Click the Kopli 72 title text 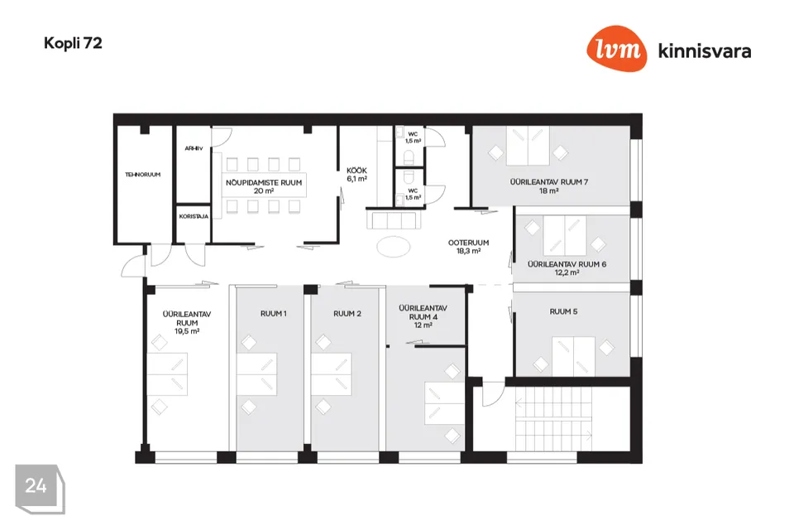pos(73,43)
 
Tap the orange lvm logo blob pos(617,49)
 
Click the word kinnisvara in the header pos(705,51)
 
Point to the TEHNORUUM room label pos(143,175)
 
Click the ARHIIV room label pos(194,148)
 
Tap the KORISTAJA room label pos(194,217)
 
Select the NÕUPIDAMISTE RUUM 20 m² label pos(264,186)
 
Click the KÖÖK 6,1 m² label pos(357,175)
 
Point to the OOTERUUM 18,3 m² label pos(468,247)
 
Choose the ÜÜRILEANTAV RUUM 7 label pos(549,182)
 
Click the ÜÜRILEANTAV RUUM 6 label pos(567,264)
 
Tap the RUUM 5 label pos(563,312)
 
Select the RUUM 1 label pos(274,314)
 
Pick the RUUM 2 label pos(347,314)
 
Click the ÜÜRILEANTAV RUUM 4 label pos(423,312)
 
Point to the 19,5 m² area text pos(187,332)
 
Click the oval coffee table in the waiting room pos(394,247)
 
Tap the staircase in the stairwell pos(553,418)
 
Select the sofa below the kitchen pos(394,220)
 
